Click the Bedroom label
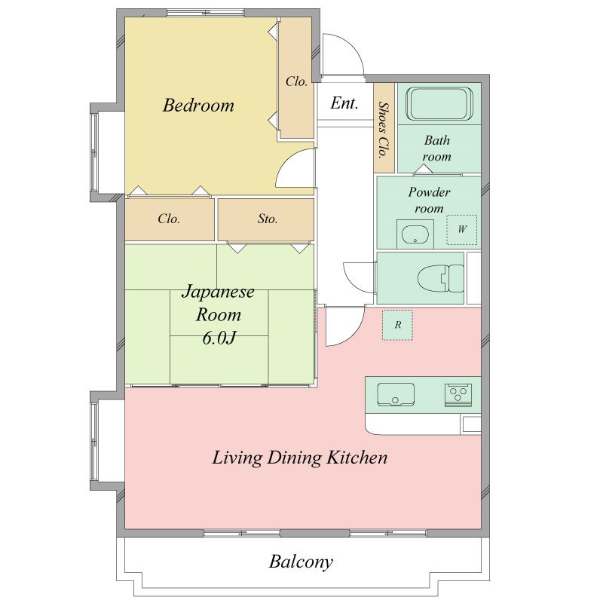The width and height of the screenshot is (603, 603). point(198,106)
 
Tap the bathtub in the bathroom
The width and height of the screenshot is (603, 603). point(439,104)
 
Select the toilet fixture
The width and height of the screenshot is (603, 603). point(441,278)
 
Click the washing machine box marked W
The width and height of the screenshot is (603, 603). point(461,230)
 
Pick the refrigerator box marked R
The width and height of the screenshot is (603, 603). point(397,325)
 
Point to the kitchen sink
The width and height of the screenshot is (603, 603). point(395,394)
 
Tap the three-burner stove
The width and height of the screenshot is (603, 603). point(458,394)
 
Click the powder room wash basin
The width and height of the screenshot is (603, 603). point(415,234)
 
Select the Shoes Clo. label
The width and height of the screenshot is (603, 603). point(383,130)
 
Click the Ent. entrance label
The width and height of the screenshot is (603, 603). point(344,103)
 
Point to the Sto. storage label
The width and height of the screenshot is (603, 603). point(268,219)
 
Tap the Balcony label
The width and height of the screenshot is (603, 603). point(301,562)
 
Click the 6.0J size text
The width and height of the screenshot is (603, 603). point(219,338)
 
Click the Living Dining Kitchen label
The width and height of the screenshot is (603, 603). point(299,458)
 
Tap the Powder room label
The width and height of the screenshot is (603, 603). point(429,200)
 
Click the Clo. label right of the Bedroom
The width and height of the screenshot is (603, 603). point(296,81)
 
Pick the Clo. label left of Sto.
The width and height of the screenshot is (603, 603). point(168,219)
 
